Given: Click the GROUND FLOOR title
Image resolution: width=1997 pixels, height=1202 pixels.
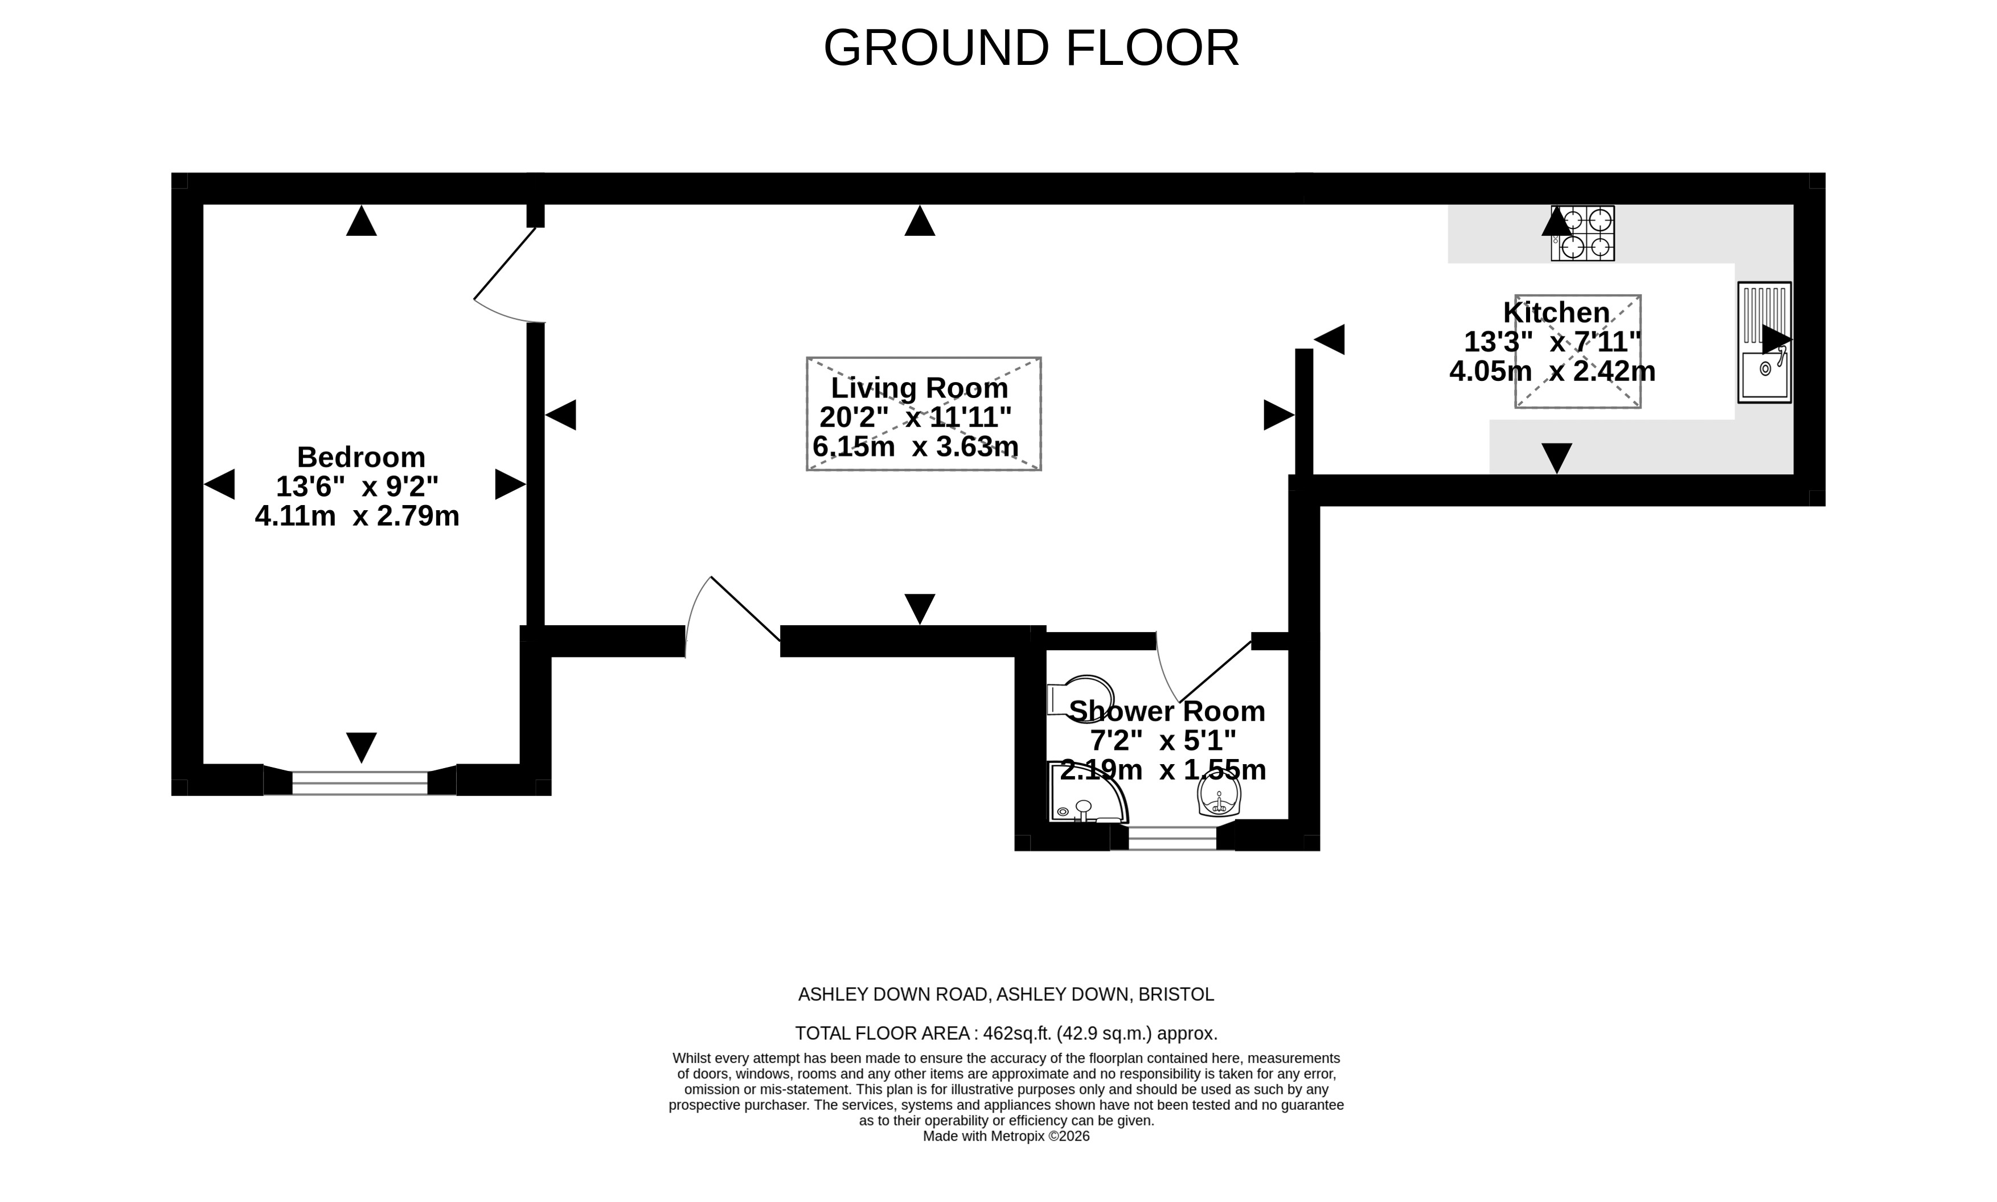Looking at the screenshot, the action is pyautogui.click(x=1031, y=48).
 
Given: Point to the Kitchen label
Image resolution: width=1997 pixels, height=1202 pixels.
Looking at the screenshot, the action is pyautogui.click(x=1556, y=313).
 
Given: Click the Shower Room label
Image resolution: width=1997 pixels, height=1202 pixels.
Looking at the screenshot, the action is pyautogui.click(x=1167, y=711).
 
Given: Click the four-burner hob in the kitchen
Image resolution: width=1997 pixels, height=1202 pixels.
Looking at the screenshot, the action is pyautogui.click(x=1582, y=233).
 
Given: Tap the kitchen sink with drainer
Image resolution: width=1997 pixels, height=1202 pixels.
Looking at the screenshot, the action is pyautogui.click(x=1765, y=343).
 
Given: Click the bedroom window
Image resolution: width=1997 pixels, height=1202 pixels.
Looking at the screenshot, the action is pyautogui.click(x=359, y=782).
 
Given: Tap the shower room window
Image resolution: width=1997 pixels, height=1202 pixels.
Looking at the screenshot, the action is pyautogui.click(x=1172, y=838).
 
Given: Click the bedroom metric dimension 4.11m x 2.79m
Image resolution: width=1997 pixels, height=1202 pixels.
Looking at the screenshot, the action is pyautogui.click(x=357, y=516).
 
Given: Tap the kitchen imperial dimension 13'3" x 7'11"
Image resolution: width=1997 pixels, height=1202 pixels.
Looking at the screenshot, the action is pyautogui.click(x=1552, y=342).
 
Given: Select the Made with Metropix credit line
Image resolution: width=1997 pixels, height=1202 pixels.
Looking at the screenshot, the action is pyautogui.click(x=1007, y=1137).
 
